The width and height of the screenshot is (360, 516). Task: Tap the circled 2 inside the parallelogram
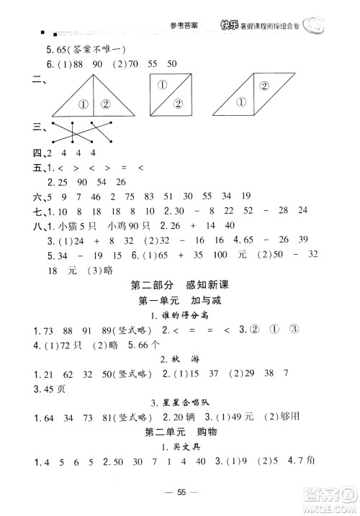(x=264, y=87)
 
